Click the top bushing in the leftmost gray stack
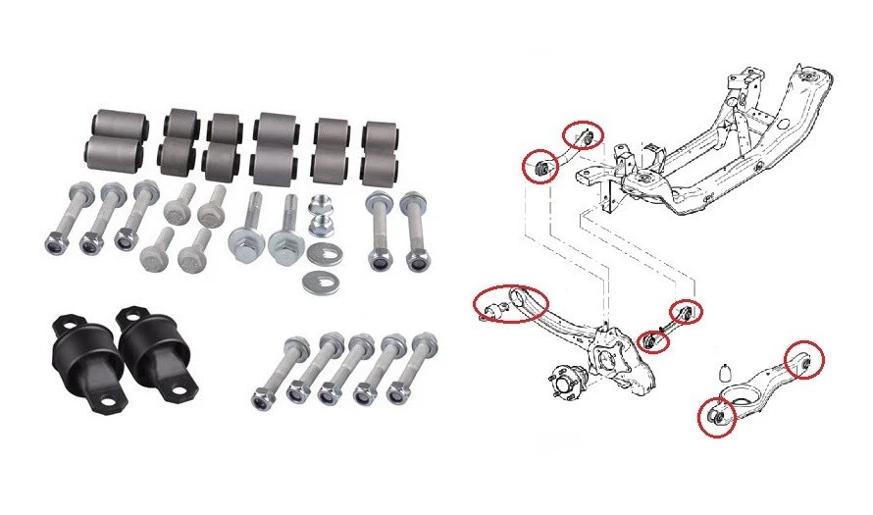click(x=118, y=125)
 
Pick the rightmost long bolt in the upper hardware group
click(x=413, y=232)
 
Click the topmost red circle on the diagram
click(x=583, y=135)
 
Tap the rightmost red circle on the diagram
click(x=803, y=360)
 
